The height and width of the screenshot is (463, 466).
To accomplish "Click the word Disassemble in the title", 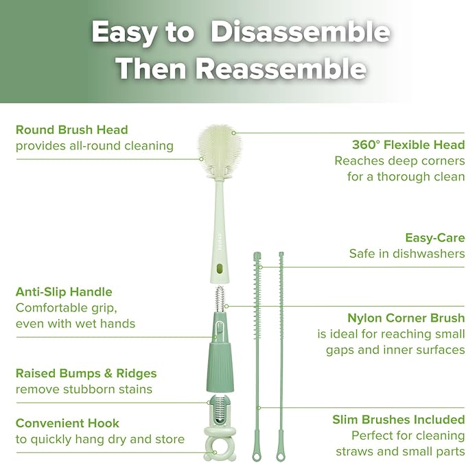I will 300,32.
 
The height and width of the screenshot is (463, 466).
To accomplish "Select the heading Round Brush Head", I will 71,129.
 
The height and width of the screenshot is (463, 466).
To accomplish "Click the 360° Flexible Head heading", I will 408,145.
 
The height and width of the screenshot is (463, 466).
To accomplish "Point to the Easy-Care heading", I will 434,237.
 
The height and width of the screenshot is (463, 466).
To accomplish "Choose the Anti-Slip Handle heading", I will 64,292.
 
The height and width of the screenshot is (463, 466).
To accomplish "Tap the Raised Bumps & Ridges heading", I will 86,373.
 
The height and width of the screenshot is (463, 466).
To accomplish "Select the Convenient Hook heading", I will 67,423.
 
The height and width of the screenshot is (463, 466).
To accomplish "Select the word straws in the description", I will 352,452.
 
